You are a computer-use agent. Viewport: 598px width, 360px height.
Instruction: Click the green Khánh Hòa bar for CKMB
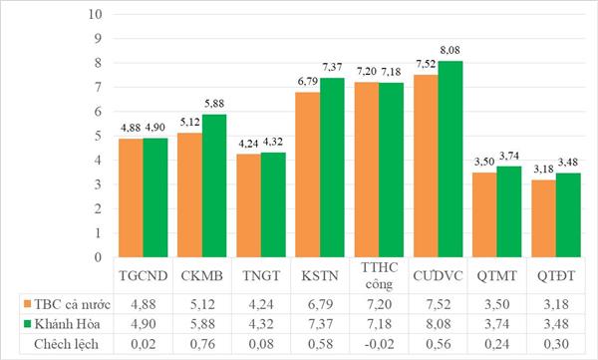214,185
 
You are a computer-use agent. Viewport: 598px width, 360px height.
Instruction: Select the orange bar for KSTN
308,175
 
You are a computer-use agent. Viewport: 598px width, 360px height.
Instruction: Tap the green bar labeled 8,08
450,159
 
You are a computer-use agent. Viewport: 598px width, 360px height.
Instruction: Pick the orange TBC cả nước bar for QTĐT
543,218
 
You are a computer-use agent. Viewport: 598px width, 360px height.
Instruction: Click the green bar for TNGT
273,204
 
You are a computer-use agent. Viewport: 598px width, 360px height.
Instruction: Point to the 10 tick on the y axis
95,14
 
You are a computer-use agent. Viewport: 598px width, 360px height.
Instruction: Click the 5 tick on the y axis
99,136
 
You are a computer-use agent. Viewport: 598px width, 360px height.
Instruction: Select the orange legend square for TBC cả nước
27,304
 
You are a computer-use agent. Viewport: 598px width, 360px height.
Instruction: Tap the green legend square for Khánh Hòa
27,324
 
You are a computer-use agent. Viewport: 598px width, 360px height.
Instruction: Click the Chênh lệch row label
66,344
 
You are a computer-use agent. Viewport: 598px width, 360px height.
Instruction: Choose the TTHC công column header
379,275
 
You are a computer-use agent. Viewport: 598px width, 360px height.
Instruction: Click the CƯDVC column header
438,275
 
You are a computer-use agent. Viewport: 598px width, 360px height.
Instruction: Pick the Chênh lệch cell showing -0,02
379,344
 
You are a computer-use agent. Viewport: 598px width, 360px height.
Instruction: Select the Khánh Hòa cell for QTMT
497,324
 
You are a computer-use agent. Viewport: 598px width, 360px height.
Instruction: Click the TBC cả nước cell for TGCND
144,304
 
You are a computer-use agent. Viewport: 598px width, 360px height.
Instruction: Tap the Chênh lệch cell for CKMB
202,344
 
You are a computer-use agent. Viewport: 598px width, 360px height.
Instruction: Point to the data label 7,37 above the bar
332,67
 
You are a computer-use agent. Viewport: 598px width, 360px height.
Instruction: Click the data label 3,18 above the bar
543,169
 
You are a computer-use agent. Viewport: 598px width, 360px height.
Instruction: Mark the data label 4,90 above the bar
155,128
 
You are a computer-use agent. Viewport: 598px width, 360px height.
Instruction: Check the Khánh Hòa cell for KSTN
320,324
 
